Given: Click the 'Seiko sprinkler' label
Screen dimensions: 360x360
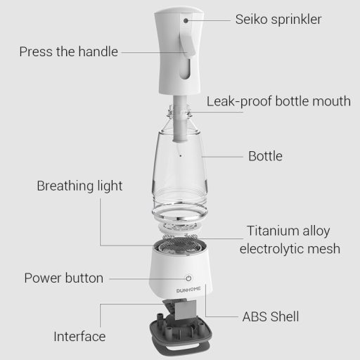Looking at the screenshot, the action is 278,19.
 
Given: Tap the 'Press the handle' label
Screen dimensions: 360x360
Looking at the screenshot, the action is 68,51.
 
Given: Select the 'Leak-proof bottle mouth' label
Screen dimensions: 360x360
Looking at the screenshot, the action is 278,101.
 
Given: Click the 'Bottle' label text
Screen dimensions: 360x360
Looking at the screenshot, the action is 265,156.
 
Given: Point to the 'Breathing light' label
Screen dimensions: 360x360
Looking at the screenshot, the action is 79,186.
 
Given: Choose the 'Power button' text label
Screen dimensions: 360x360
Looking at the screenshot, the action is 64,278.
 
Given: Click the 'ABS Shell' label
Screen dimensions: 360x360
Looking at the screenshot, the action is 271,316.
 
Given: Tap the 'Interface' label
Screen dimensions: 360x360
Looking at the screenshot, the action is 79,337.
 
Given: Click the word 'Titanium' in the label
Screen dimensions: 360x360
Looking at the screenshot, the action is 271,231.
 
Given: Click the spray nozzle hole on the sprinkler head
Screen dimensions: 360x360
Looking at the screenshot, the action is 186,20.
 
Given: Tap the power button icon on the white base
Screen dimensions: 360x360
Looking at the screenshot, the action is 188,278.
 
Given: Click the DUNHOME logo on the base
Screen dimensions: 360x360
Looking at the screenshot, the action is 188,290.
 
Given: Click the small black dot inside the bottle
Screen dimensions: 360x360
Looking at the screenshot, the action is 181,155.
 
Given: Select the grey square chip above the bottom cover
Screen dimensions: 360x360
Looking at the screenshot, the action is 186,310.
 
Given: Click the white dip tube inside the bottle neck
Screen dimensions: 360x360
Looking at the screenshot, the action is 180,119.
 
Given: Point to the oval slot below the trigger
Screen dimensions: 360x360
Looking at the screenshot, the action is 185,69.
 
